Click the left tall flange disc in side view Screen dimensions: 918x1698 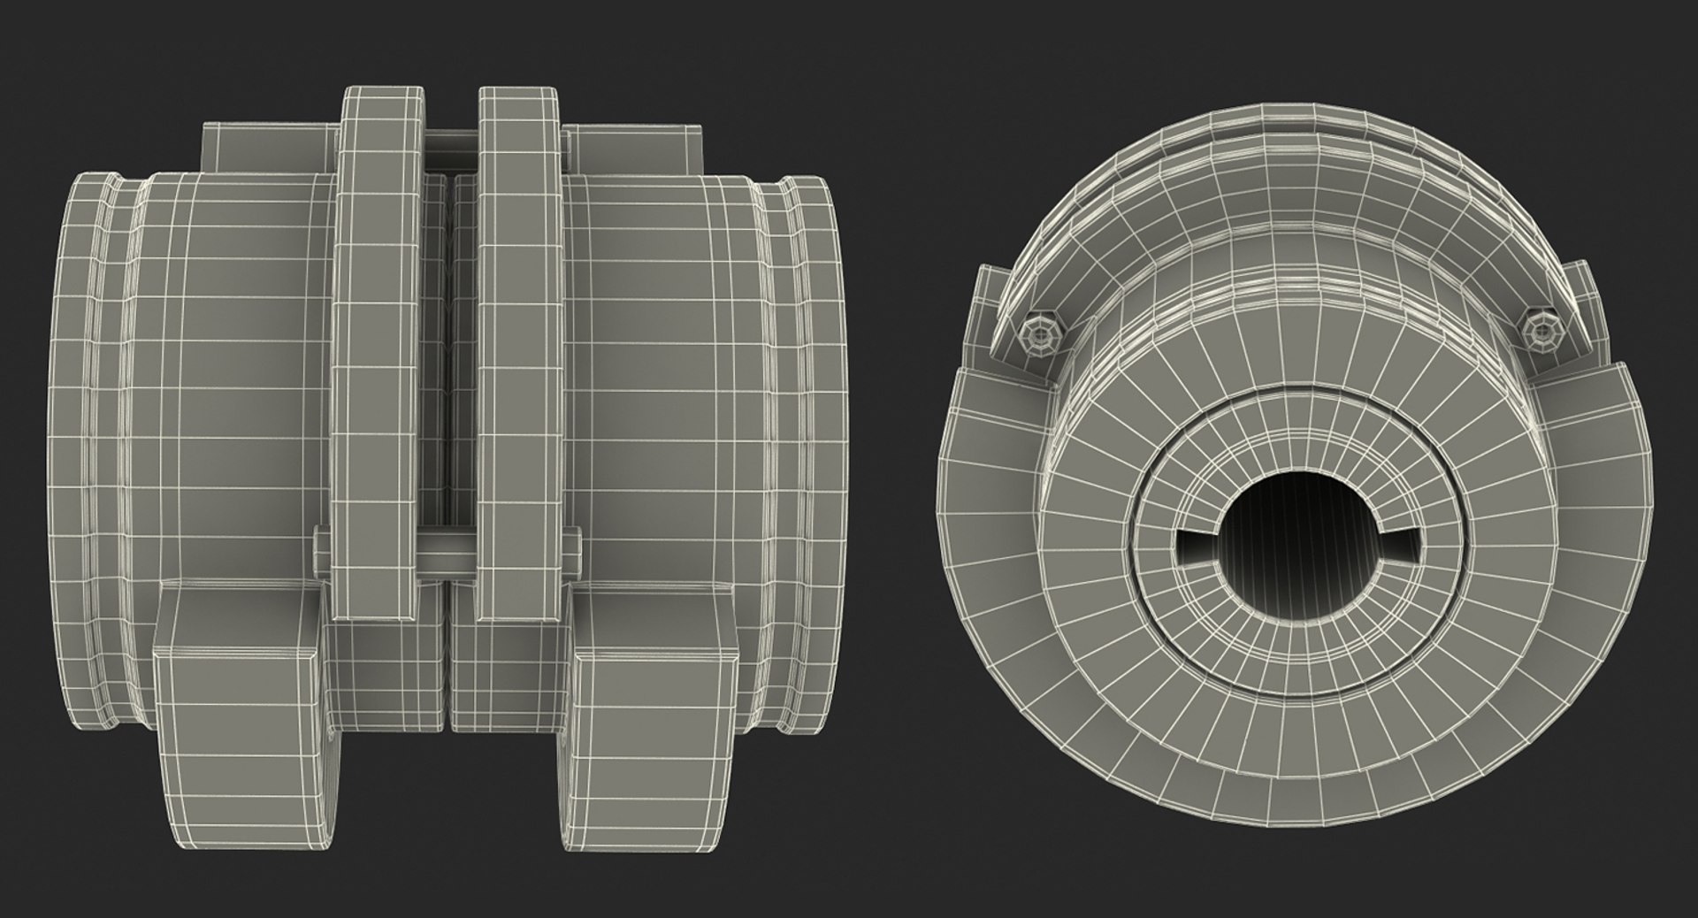[x=379, y=354]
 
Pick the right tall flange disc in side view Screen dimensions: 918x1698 [x=519, y=354]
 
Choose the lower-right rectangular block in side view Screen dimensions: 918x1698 [x=654, y=708]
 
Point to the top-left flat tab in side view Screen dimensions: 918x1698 [x=269, y=149]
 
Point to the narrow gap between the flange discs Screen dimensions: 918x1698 [x=449, y=354]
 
